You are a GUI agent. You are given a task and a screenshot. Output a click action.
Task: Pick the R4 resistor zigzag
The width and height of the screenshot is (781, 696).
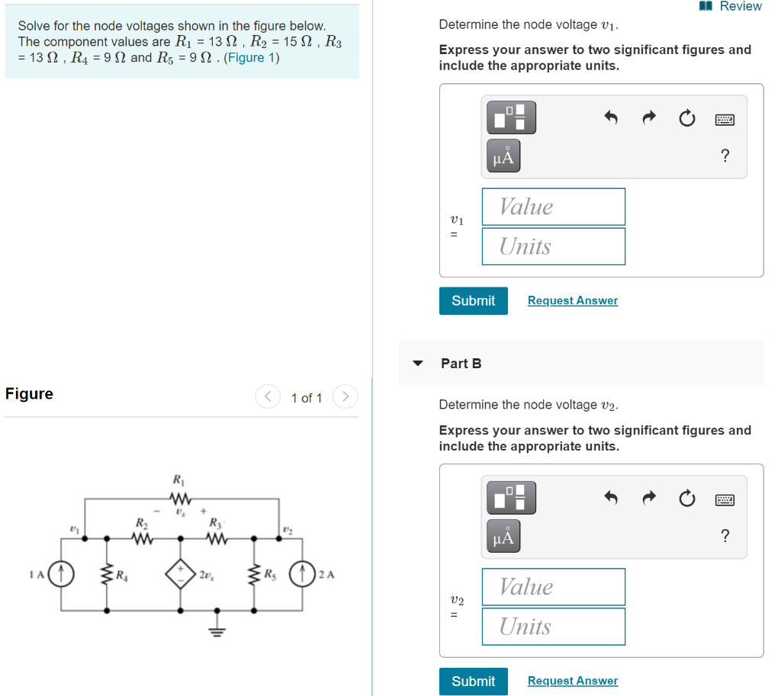point(107,573)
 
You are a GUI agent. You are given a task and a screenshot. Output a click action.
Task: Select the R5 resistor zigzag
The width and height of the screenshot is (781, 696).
point(255,573)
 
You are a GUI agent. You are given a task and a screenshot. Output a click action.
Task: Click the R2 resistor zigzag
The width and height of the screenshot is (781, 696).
point(141,538)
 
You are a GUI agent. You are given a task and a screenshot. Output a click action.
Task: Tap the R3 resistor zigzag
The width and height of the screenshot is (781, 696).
point(217,538)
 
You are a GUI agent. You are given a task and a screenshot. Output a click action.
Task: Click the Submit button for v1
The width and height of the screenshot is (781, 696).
point(473,300)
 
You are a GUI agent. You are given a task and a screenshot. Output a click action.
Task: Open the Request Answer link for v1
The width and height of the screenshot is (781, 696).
point(572,300)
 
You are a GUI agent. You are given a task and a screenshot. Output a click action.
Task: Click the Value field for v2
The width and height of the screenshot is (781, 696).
point(553,587)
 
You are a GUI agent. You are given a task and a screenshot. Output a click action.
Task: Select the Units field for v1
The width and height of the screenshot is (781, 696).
point(553,246)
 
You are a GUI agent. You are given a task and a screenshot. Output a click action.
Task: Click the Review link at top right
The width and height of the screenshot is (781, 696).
point(739,6)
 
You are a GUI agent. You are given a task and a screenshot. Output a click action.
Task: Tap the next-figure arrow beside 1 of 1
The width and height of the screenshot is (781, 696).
point(346,397)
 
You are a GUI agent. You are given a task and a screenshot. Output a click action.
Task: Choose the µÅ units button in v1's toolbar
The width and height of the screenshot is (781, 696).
point(503,157)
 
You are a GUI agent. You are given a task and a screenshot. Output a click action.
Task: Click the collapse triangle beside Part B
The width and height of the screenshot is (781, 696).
point(417,364)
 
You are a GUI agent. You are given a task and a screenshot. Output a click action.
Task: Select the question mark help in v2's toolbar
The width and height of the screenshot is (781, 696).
point(725,537)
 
